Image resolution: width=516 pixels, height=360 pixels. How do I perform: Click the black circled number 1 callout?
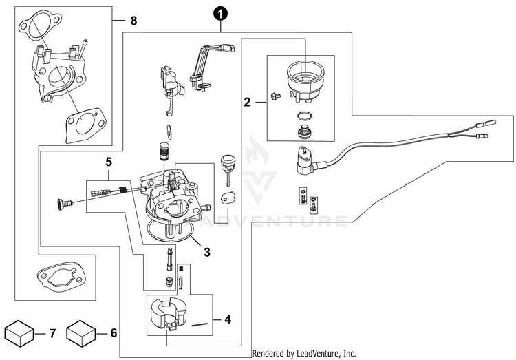[x=220, y=15]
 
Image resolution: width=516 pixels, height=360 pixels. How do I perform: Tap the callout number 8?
[x=133, y=21]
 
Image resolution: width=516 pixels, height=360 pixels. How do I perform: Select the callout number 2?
[x=247, y=102]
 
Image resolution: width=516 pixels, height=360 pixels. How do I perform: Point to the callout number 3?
[x=206, y=253]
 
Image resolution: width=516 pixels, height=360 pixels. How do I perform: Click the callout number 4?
[x=228, y=319]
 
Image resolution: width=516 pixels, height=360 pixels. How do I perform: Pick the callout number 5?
[x=108, y=162]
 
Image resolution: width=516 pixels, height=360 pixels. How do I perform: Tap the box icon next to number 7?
[x=20, y=332]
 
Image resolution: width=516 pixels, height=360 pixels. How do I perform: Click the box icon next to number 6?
[x=81, y=332]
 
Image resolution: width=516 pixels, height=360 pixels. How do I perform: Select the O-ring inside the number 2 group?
[x=304, y=116]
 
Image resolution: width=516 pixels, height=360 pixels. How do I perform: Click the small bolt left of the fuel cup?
[x=275, y=96]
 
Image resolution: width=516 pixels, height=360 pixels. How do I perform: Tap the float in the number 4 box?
[x=167, y=315]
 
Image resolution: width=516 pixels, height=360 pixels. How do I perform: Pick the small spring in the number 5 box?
[x=122, y=189]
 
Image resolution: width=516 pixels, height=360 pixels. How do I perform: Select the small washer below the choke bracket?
[x=169, y=130]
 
